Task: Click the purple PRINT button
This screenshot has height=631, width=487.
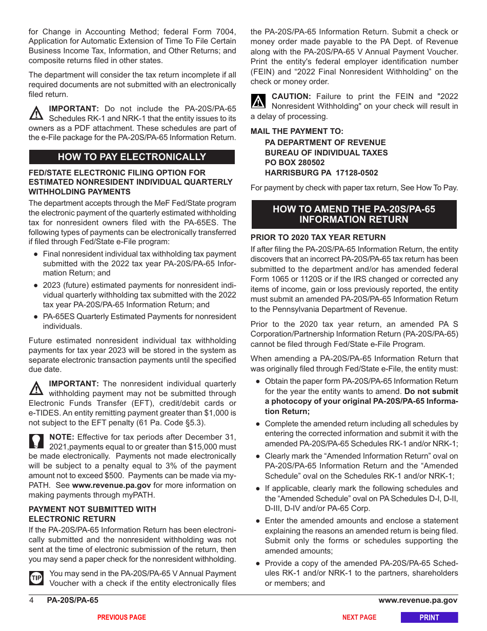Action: coord(429,618)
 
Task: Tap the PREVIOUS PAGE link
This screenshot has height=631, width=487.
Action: coord(121,618)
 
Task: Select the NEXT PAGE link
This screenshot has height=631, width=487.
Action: coord(359,618)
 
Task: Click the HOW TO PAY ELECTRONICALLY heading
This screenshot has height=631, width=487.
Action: coord(132,157)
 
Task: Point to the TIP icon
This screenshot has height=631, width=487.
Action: coord(36,578)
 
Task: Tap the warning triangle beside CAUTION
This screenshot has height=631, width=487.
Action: coord(258,101)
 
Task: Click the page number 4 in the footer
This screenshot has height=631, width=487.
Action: coord(31,600)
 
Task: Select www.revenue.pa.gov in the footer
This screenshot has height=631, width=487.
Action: coord(418,600)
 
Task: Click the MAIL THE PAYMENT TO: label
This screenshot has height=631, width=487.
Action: coord(297,131)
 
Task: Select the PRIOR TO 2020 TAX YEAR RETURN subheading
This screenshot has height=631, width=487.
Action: coord(318,238)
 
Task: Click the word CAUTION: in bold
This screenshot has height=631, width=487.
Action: coord(291,96)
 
